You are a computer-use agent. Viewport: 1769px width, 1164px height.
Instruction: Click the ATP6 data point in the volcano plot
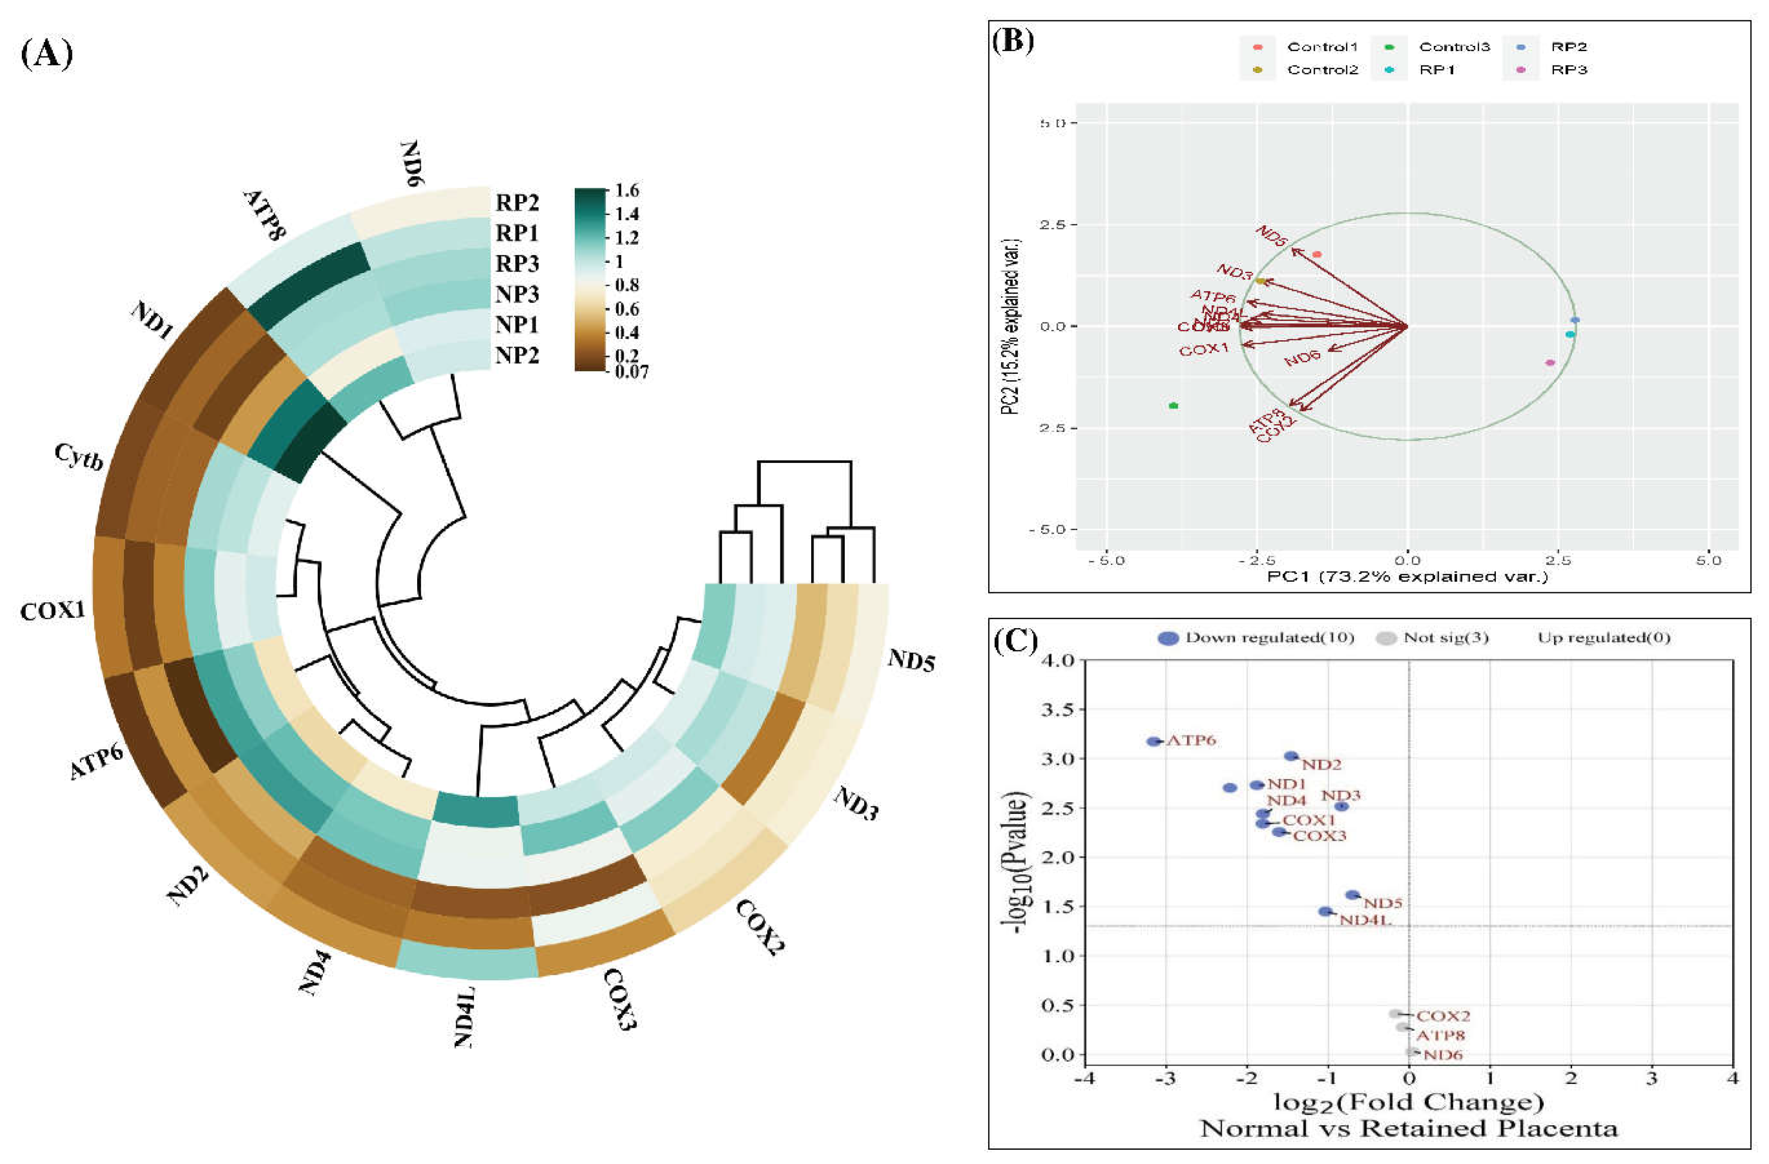(x=1153, y=741)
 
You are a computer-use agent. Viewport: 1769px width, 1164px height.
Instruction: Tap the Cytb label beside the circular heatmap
(x=78, y=456)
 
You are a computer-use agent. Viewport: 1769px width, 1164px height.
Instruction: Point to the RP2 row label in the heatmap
(x=518, y=202)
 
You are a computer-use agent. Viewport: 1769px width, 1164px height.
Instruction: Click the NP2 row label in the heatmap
(x=518, y=355)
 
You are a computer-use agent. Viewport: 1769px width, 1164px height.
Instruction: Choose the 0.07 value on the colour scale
(x=631, y=372)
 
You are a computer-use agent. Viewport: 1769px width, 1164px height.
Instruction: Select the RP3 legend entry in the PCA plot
(x=1568, y=70)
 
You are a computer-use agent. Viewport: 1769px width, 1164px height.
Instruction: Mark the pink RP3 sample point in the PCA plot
(x=1550, y=363)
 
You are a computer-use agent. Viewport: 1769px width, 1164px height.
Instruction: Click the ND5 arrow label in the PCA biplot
(x=1271, y=236)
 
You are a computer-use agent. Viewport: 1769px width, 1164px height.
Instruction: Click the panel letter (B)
(x=1013, y=41)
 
